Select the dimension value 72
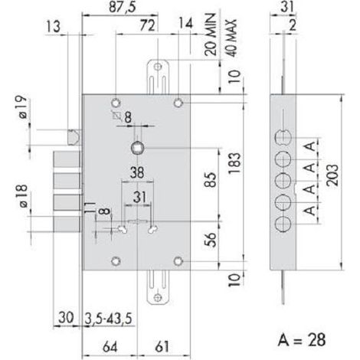click(x=148, y=26)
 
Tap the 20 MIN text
click(x=211, y=34)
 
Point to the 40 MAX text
click(x=231, y=38)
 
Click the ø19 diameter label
click(x=23, y=107)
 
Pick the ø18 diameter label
click(x=23, y=196)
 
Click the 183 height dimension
click(x=234, y=163)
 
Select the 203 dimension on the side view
click(x=332, y=175)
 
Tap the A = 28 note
click(x=302, y=340)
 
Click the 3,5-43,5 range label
click(x=108, y=319)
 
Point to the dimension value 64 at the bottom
click(x=110, y=347)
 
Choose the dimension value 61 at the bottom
click(x=162, y=347)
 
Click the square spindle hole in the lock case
click(x=137, y=148)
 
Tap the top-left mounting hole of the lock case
click(x=116, y=103)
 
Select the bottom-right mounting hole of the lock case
click(x=178, y=261)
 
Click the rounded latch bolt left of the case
click(x=74, y=138)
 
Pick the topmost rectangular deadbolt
click(x=67, y=159)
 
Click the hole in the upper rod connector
click(x=159, y=67)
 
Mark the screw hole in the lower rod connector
click(x=158, y=297)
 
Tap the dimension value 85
click(x=211, y=180)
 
